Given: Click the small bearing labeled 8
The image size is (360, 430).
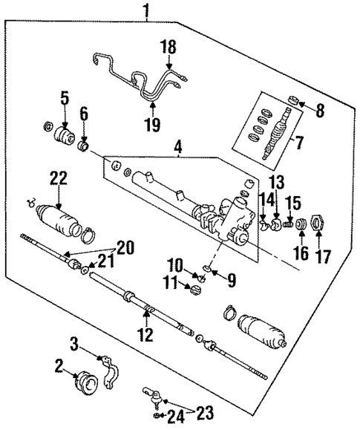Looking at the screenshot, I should coord(294,99).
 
